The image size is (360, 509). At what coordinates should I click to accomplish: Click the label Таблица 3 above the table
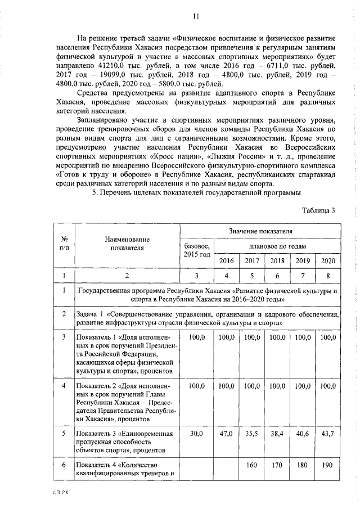[x=318, y=210]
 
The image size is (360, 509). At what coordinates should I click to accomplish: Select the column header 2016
[x=226, y=260]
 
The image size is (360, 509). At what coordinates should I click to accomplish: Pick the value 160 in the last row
[x=251, y=465]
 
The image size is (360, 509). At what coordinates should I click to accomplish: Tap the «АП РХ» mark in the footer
[x=58, y=491]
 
